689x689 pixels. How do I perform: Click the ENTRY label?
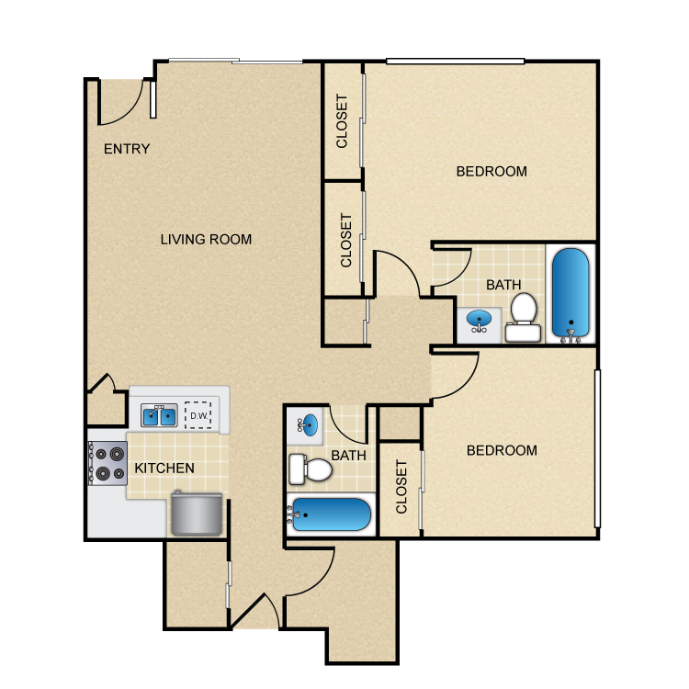[127, 149]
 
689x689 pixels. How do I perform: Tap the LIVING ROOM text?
[206, 240]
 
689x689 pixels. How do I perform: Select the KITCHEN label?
[164, 469]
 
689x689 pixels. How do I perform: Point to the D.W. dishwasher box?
[198, 415]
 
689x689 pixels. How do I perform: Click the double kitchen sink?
[159, 416]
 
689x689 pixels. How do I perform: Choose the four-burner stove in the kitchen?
[107, 463]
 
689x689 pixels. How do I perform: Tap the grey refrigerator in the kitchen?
[196, 514]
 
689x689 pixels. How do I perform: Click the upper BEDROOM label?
[491, 172]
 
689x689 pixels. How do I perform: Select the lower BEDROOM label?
[502, 450]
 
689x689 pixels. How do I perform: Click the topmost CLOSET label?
[343, 121]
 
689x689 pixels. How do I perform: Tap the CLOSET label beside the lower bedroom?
[401, 487]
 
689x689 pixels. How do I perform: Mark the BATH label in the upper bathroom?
[503, 285]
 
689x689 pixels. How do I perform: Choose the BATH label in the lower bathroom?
[349, 455]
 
